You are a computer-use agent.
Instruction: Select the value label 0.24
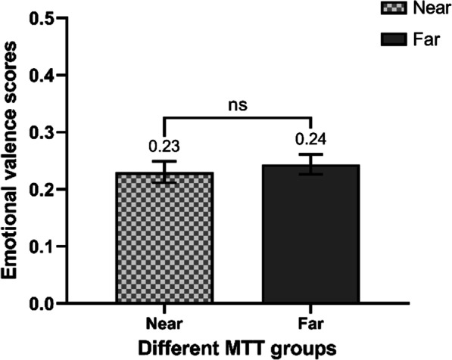tap(311, 141)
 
